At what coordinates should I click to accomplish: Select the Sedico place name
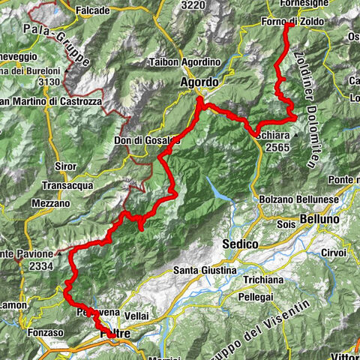(240, 244)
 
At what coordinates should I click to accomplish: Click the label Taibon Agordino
(184, 62)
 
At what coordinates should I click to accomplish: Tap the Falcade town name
(92, 10)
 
